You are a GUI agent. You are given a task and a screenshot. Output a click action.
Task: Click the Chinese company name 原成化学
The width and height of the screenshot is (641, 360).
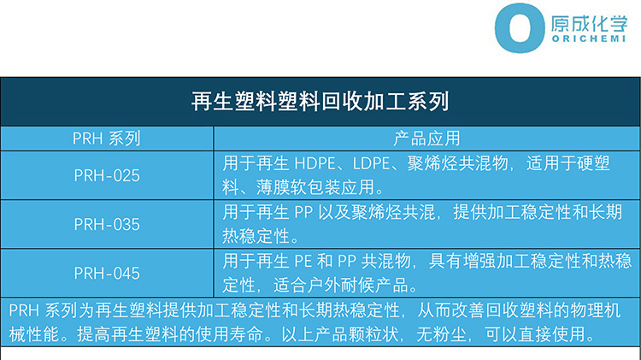click(x=589, y=24)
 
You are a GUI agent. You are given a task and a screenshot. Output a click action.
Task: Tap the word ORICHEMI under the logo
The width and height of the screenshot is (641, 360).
click(x=589, y=38)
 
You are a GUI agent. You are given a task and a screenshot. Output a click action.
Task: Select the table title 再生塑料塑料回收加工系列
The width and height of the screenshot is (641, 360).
click(x=320, y=101)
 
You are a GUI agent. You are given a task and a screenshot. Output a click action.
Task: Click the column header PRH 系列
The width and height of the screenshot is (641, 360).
click(x=106, y=139)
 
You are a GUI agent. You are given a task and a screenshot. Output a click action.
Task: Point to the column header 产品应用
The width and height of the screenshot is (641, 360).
click(x=426, y=139)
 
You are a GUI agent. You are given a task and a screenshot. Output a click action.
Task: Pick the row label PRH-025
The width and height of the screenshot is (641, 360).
click(x=107, y=175)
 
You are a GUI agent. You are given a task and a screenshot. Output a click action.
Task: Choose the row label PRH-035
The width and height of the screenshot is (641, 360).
click(x=107, y=224)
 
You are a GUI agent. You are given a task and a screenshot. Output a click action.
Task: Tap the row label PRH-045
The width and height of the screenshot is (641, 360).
click(x=107, y=274)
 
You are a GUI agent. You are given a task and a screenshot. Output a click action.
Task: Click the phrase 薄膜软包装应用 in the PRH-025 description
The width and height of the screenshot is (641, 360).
click(x=315, y=187)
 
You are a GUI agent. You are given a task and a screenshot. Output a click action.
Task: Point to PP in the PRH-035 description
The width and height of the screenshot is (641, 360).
click(x=303, y=212)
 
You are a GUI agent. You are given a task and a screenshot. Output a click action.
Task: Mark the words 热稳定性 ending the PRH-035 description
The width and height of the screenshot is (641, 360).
click(x=256, y=236)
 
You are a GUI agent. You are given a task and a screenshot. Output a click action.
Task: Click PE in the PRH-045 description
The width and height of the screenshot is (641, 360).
click(x=303, y=261)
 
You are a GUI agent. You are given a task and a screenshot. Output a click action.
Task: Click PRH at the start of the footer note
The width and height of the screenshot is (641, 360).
click(x=24, y=310)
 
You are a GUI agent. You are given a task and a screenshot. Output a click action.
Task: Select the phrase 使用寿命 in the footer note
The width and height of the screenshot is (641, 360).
click(x=229, y=334)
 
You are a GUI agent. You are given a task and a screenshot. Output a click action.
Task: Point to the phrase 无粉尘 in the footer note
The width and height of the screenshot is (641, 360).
click(x=442, y=334)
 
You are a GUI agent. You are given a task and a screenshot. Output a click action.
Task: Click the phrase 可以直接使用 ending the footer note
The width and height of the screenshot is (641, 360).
click(x=535, y=334)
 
